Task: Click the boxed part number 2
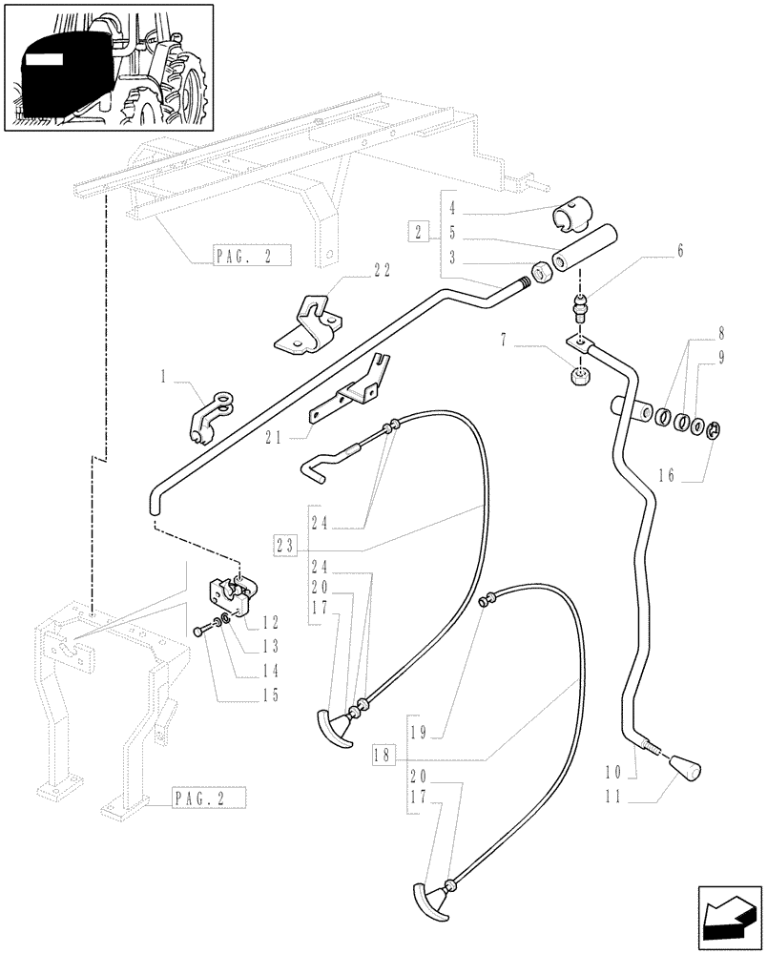tap(418, 231)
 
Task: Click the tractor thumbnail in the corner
tap(108, 67)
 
